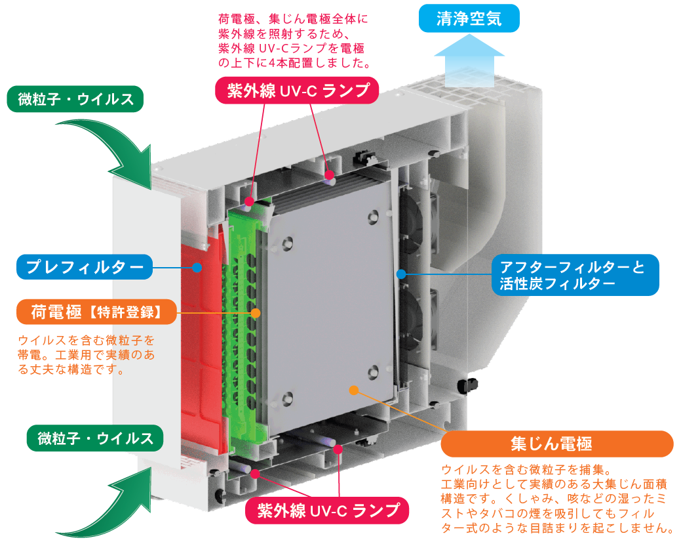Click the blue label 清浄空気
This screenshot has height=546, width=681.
[x=469, y=18]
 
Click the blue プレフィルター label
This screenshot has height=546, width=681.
[x=85, y=267]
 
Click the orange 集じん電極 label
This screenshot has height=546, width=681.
[x=556, y=444]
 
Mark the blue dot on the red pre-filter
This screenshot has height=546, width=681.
[x=196, y=267]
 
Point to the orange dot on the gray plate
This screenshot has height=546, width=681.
[x=354, y=390]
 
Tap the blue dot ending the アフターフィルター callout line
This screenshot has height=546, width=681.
[x=401, y=272]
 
